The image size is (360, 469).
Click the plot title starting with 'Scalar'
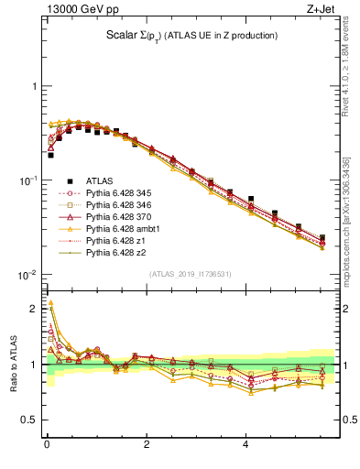191,36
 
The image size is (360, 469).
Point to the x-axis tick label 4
245,446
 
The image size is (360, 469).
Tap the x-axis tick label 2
147,446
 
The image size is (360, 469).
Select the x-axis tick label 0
47,446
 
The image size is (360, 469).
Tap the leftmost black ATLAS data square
50,155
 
